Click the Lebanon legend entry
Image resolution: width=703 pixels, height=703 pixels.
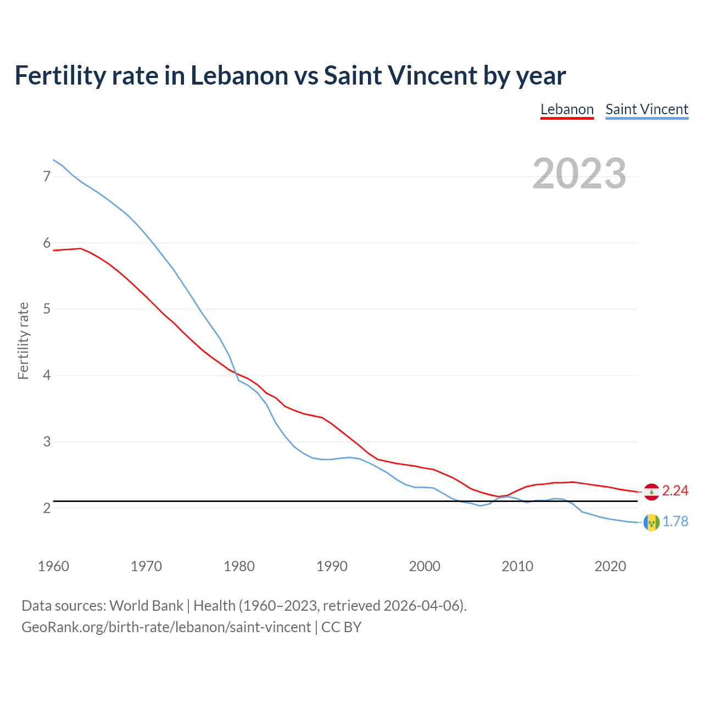click(567, 109)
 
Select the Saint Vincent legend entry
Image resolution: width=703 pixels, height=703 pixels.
click(646, 109)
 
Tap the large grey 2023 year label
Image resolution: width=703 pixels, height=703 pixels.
click(579, 174)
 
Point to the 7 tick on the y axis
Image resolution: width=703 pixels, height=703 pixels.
click(47, 176)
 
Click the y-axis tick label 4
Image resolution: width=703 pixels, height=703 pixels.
click(47, 376)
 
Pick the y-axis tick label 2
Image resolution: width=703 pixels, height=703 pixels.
click(47, 508)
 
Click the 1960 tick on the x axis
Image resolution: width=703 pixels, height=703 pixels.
click(53, 566)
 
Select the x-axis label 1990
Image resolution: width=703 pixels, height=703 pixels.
click(332, 566)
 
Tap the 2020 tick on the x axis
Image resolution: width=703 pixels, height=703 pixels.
click(610, 566)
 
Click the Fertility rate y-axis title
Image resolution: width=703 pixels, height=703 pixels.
click(23, 341)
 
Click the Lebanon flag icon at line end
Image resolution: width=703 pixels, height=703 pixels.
click(651, 492)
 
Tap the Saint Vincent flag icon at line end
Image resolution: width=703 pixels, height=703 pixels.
click(651, 522)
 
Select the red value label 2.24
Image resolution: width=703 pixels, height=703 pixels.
click(675, 491)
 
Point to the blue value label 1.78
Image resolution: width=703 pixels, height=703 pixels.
click(675, 522)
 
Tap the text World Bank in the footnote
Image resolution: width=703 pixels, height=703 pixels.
click(146, 606)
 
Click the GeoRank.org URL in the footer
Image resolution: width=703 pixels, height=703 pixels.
click(166, 627)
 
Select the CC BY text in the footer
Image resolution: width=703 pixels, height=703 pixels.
click(341, 627)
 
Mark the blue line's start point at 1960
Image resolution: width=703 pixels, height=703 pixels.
click(53, 160)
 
